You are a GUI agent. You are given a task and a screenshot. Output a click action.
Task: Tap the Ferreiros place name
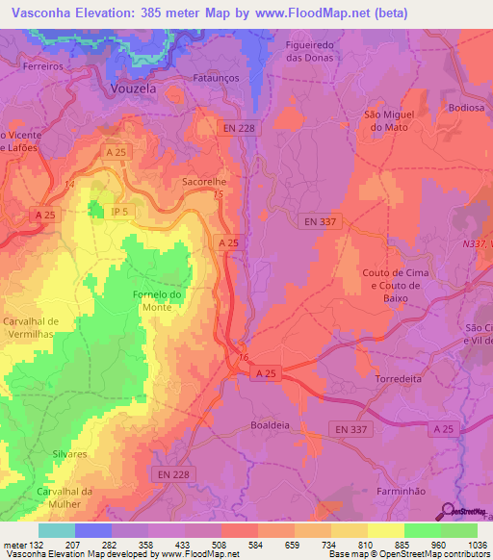click(43, 68)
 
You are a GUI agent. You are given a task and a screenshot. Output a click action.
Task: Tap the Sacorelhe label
click(203, 180)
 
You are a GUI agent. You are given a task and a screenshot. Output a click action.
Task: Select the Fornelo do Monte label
click(156, 299)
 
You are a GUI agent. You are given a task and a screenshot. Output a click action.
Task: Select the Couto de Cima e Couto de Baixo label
click(394, 286)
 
